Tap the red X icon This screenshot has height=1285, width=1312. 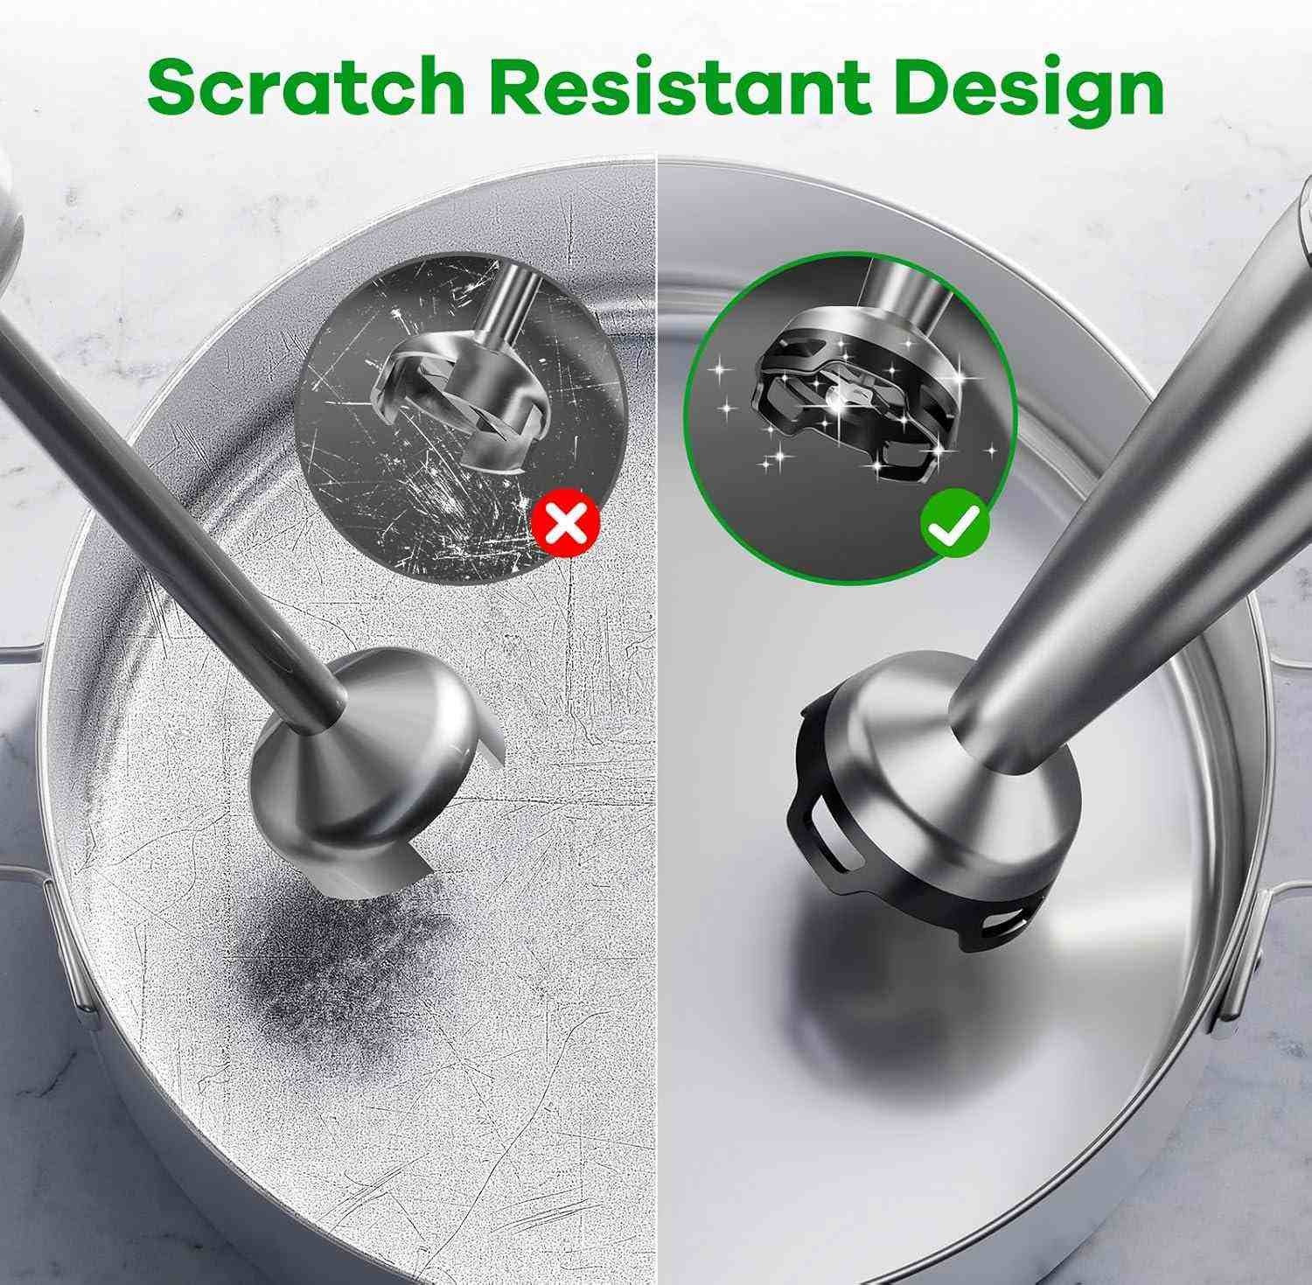567,524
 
